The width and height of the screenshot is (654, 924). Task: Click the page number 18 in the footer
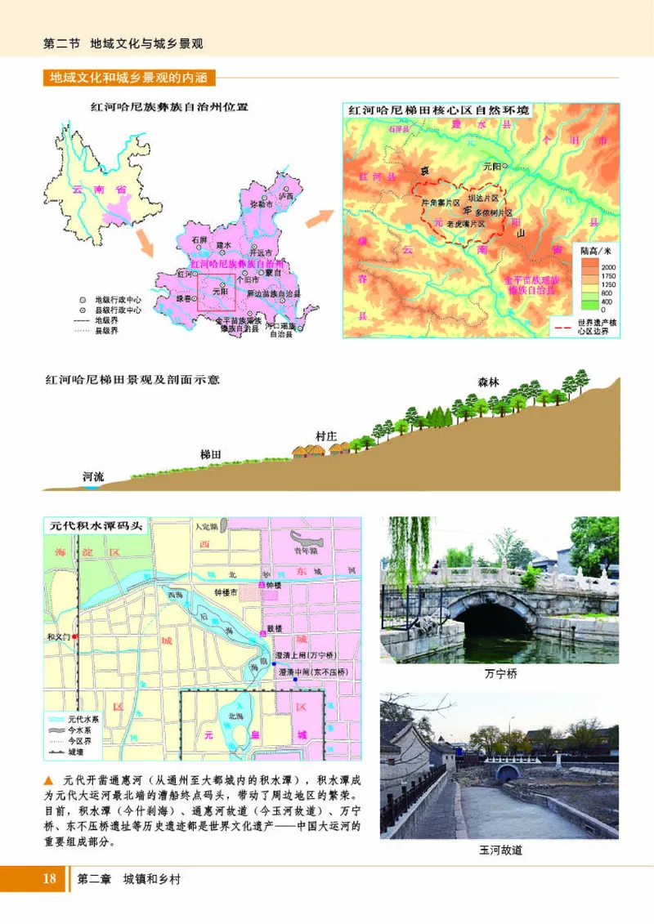49,879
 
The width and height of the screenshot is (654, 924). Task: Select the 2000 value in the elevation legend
608,267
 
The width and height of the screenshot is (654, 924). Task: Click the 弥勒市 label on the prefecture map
261,203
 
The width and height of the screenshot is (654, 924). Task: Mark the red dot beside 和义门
74,636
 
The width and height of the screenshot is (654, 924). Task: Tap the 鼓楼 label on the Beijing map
274,629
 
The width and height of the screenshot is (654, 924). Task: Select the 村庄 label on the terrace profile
326,435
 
